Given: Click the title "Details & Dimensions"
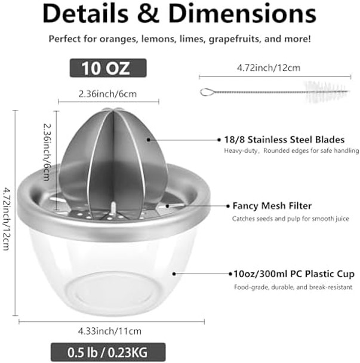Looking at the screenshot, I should [x=179, y=14].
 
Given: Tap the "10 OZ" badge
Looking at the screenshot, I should [x=107, y=67].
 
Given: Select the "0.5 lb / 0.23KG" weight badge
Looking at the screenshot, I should [x=107, y=349].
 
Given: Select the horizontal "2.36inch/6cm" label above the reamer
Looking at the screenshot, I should [x=107, y=94].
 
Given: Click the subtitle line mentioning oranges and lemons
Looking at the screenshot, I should [x=179, y=39].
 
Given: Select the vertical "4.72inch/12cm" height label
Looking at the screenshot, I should [x=7, y=219].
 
